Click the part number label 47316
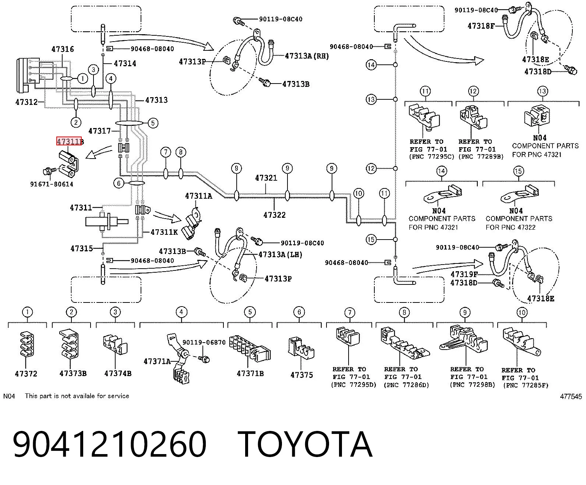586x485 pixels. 63,49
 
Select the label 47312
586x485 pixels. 27,102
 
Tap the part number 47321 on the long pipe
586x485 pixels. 266,178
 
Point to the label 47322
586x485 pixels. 275,215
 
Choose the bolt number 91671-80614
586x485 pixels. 52,184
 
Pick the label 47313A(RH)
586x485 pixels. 307,56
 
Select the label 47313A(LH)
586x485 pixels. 280,255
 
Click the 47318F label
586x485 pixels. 481,26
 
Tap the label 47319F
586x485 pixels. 464,274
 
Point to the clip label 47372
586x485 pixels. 26,374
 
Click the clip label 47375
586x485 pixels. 301,375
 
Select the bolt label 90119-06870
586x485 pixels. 204,343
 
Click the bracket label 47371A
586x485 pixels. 157,361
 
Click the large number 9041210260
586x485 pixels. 110,445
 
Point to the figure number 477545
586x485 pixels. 571,397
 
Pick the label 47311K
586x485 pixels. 164,232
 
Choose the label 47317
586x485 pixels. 100,131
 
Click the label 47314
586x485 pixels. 125,63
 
